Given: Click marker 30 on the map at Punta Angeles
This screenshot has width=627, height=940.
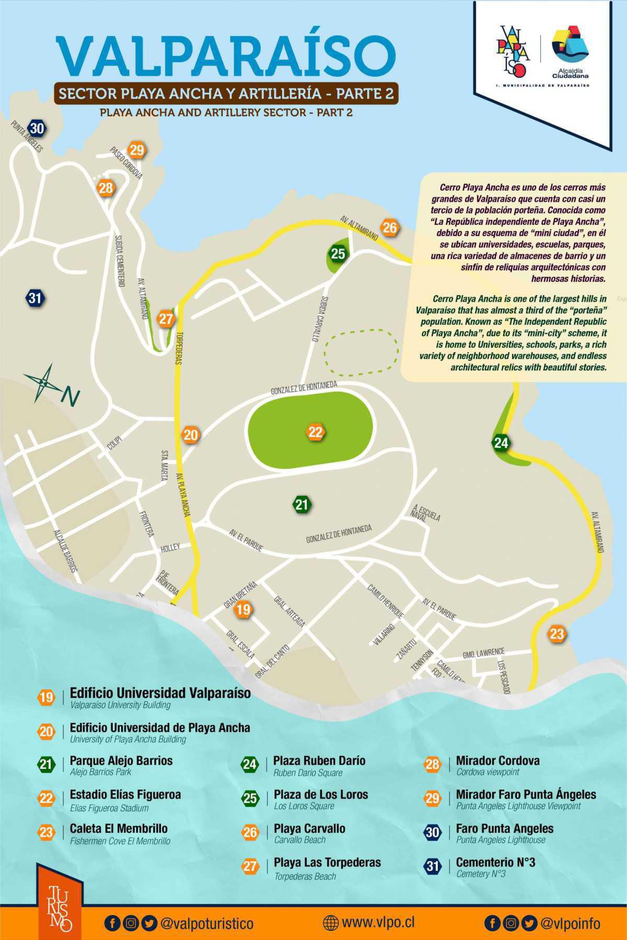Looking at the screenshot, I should [37, 128].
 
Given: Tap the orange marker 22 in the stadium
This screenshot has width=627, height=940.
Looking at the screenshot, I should [316, 432].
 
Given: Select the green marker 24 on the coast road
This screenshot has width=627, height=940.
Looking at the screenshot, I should [501, 443].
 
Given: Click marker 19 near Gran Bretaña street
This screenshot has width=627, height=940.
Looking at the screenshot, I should [243, 609].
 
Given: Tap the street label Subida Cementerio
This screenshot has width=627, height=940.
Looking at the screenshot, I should [120, 261].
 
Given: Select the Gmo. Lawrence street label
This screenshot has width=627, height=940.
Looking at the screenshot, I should [483, 653].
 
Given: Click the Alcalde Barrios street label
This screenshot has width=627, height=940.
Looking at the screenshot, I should [66, 551].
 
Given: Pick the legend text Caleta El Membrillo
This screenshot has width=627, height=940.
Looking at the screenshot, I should [119, 829].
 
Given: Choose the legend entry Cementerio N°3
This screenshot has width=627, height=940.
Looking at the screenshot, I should [488, 863].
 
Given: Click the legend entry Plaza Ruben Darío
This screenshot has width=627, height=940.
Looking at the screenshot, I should [319, 761].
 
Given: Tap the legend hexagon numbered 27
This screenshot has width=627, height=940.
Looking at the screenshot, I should [250, 866].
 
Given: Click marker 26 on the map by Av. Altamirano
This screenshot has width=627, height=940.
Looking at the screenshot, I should [390, 227].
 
